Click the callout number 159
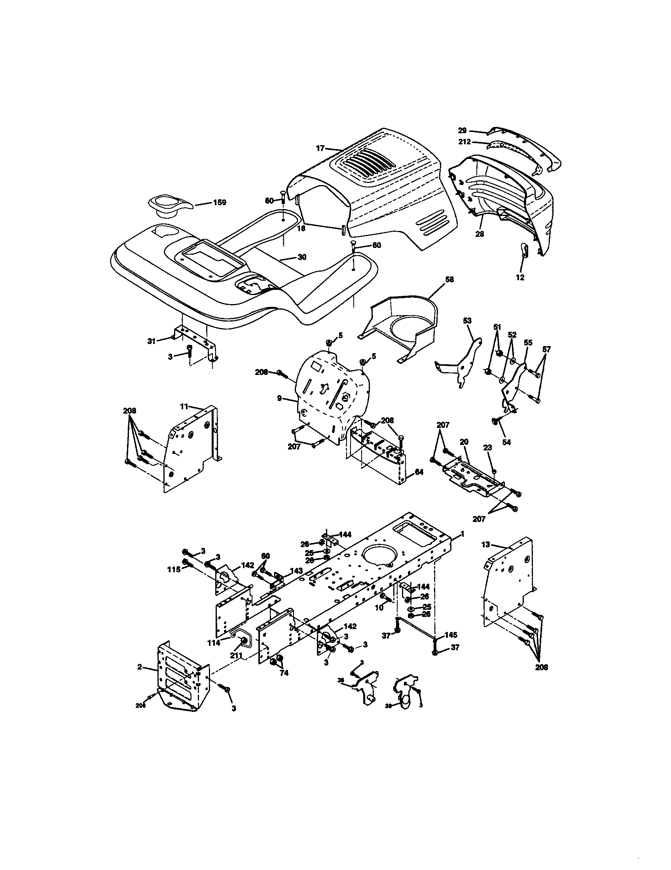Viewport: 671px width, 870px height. [x=219, y=202]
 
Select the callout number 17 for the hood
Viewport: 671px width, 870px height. [x=320, y=148]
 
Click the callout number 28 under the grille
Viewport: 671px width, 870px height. [x=480, y=234]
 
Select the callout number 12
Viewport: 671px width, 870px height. [x=520, y=277]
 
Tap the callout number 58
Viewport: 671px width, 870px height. [x=449, y=280]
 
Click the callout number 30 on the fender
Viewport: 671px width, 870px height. [x=302, y=257]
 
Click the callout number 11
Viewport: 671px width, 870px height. [x=183, y=407]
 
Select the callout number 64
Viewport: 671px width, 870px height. [x=419, y=472]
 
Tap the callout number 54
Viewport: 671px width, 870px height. [x=506, y=442]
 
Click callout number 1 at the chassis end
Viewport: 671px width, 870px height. [x=462, y=533]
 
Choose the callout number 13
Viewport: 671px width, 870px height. [x=485, y=544]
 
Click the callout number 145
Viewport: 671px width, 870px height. [x=451, y=635]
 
